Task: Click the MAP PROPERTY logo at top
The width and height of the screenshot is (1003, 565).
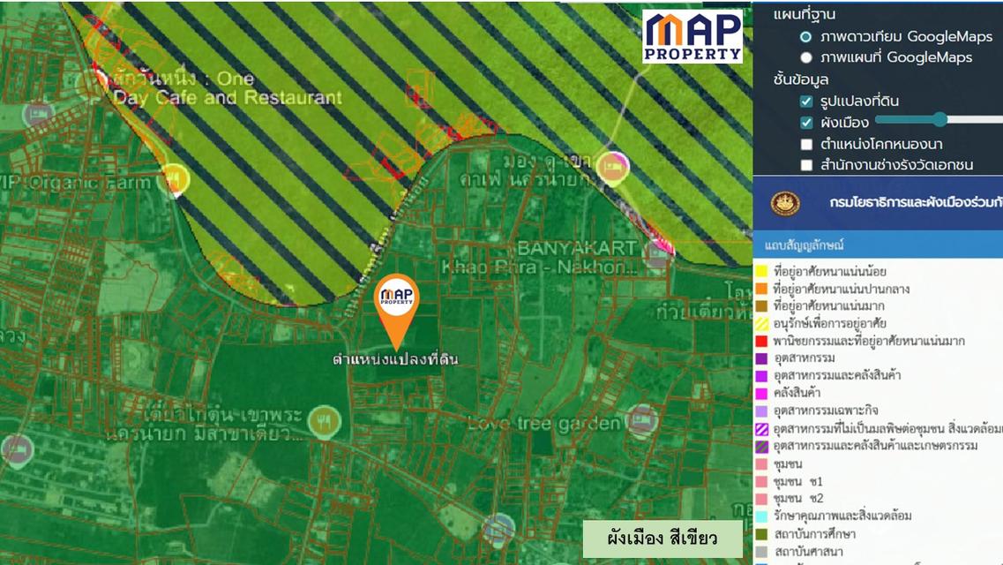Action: [692, 35]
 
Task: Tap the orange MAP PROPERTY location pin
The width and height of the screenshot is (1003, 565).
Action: [396, 305]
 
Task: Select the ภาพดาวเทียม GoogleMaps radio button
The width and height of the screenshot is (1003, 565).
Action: [805, 37]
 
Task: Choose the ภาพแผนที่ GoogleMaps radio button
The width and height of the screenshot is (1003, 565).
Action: [805, 58]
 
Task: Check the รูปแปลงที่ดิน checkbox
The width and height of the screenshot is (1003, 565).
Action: [806, 102]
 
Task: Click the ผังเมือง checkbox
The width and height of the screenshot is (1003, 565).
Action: [806, 123]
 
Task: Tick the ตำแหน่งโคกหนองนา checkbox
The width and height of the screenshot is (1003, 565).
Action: [806, 144]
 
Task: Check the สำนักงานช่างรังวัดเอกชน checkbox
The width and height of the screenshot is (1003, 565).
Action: [806, 165]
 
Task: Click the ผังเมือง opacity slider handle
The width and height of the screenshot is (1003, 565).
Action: [939, 119]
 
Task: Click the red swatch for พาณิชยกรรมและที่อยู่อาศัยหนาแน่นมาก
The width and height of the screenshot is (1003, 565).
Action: [761, 341]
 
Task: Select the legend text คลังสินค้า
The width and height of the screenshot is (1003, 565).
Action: [797, 393]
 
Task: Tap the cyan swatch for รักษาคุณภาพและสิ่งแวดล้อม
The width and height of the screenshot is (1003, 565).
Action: [761, 516]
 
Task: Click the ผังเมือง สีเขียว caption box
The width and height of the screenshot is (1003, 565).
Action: [662, 538]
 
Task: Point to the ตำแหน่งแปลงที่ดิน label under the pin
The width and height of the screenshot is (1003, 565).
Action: [395, 359]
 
